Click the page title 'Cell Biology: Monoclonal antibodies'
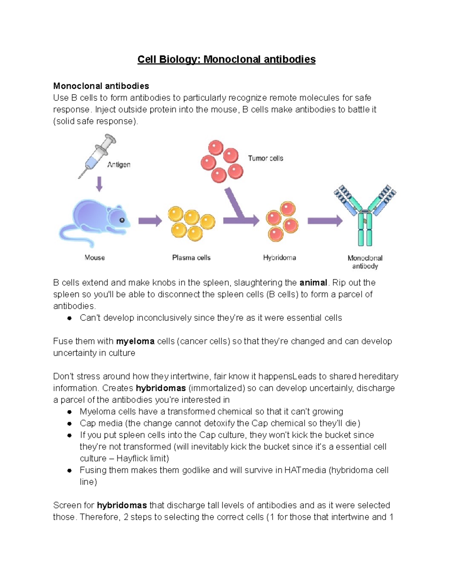pyautogui.click(x=226, y=60)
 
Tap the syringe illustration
pyautogui.click(x=97, y=156)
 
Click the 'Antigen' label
pyautogui.click(x=119, y=165)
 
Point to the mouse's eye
pyautogui.click(x=122, y=220)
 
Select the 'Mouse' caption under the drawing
pyautogui.click(x=94, y=258)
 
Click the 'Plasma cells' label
pyautogui.click(x=191, y=258)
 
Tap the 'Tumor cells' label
pyautogui.click(x=265, y=158)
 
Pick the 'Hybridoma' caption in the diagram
pyautogui.click(x=279, y=258)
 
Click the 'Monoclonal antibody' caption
pyautogui.click(x=365, y=262)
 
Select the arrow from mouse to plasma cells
pyautogui.click(x=149, y=221)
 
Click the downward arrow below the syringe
pyautogui.click(x=99, y=184)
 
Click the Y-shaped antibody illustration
pyautogui.click(x=365, y=215)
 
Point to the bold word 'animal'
pyautogui.click(x=313, y=283)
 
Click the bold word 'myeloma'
pyautogui.click(x=135, y=341)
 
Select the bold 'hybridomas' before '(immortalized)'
pyautogui.click(x=160, y=388)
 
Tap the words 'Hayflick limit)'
pyautogui.click(x=143, y=458)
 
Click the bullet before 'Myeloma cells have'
pyautogui.click(x=69, y=412)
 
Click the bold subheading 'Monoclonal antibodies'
pyautogui.click(x=101, y=86)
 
